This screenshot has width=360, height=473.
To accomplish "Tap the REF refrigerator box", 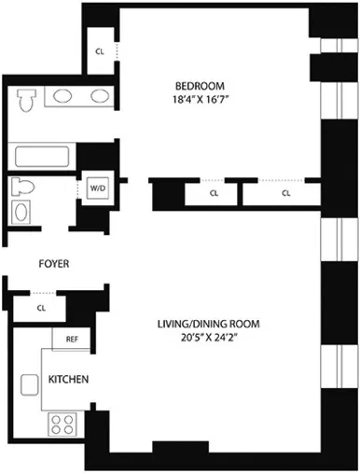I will [x=71, y=340].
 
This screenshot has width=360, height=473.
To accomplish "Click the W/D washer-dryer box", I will [x=97, y=188].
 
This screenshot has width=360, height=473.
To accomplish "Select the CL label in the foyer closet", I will [x=41, y=306].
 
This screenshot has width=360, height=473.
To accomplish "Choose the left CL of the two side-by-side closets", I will [x=214, y=194].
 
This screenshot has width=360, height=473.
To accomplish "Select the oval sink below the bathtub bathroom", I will [x=22, y=214].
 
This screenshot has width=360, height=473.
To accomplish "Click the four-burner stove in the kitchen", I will [x=62, y=424].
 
